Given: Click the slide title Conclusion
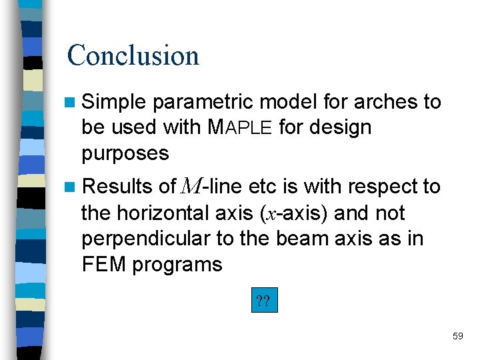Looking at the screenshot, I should (x=133, y=55).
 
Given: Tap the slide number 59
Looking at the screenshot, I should (x=457, y=336).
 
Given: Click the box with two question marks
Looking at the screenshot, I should (x=263, y=301).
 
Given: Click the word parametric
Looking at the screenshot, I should (x=203, y=102).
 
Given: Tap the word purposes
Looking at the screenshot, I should (x=125, y=153).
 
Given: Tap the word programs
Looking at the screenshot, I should (x=177, y=265).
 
